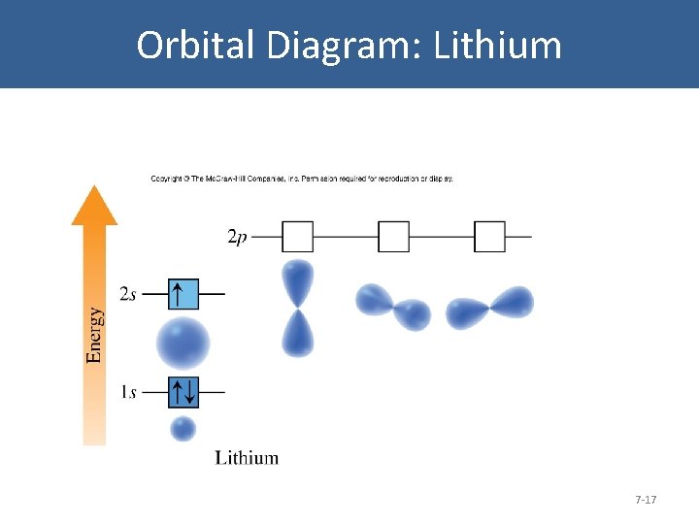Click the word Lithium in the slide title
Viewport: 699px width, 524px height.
click(498, 46)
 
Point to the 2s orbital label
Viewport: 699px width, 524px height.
click(128, 293)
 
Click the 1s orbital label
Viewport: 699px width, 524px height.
click(128, 392)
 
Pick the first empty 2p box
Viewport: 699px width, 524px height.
click(297, 237)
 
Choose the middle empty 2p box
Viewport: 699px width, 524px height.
click(393, 237)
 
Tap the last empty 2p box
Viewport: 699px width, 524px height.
click(490, 237)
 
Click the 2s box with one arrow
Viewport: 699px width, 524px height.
click(183, 293)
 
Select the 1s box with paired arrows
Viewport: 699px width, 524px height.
click(183, 392)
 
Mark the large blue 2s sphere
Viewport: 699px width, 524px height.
click(183, 342)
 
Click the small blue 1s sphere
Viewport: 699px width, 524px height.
click(183, 428)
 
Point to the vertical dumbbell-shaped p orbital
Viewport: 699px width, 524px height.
click(298, 308)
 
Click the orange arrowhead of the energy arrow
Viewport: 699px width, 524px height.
click(94, 207)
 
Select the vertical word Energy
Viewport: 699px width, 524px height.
click(94, 335)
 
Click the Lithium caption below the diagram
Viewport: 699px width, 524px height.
click(247, 458)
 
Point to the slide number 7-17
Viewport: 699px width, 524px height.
click(646, 500)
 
